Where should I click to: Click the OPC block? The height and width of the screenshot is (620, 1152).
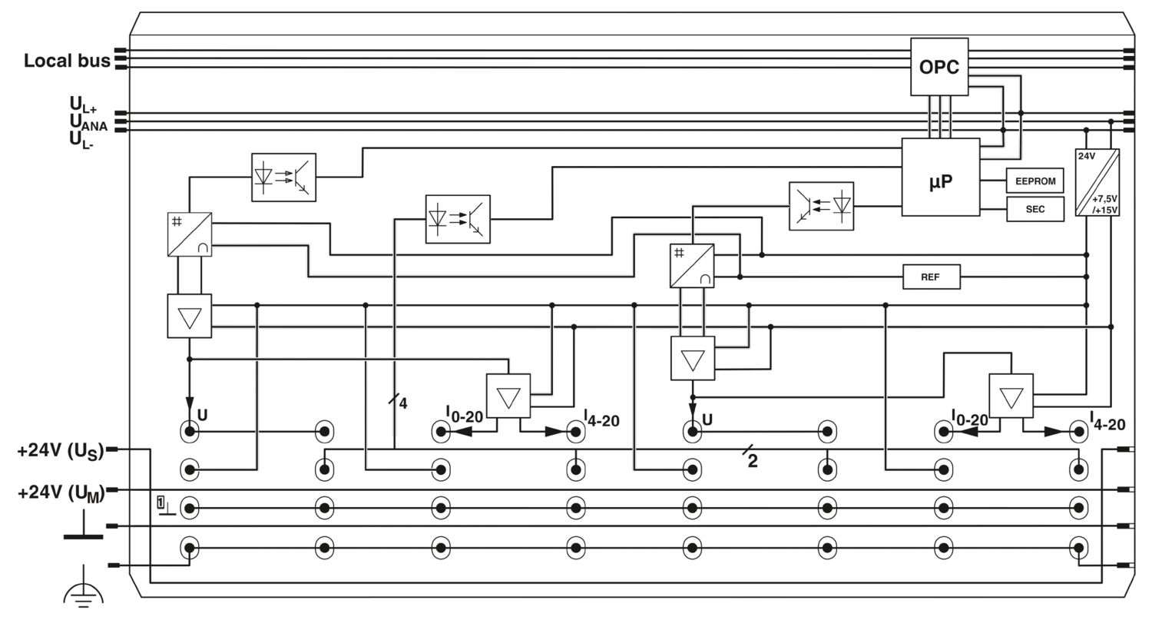(939, 67)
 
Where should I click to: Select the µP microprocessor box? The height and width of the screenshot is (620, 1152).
(941, 177)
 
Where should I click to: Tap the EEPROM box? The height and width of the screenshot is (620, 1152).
(1034, 181)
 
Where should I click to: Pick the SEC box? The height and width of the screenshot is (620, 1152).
(1034, 209)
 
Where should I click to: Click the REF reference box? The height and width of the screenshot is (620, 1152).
(932, 277)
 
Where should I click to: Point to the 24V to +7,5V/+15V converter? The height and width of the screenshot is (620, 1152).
(1097, 182)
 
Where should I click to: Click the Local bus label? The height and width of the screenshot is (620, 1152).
(67, 61)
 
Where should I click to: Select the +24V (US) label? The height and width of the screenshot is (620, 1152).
(61, 451)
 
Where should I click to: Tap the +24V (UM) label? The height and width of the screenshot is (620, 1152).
(61, 493)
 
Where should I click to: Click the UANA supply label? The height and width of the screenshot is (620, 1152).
(88, 122)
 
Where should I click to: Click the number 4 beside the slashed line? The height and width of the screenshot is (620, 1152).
(403, 403)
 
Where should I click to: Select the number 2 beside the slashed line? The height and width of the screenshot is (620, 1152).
(753, 462)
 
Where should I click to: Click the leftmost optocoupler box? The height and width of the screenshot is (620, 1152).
(283, 177)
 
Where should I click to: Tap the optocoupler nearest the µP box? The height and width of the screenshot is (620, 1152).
(821, 206)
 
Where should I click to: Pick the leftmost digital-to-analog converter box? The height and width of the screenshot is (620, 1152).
(189, 234)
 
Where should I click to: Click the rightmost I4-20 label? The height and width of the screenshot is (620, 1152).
(1107, 421)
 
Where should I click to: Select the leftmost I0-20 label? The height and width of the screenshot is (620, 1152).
(464, 414)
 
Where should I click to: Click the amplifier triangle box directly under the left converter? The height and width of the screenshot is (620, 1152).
(189, 316)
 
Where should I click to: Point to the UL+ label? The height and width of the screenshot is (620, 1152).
(83, 105)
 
